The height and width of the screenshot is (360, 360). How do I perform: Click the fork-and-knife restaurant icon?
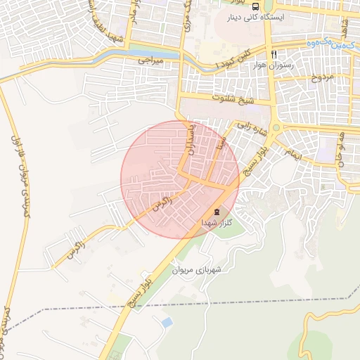pyautogui.click(x=274, y=54)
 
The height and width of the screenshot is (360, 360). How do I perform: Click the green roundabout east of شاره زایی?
pyautogui.click(x=276, y=128)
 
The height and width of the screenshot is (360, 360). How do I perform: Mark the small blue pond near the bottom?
pyautogui.click(x=167, y=322)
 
